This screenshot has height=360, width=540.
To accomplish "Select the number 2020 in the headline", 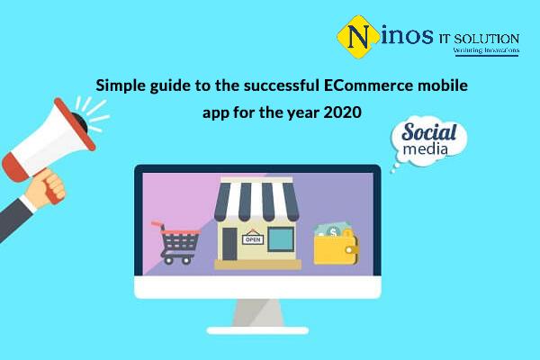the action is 342,112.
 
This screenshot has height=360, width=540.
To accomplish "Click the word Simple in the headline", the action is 121,85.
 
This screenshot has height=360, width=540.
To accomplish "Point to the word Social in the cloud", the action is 428,132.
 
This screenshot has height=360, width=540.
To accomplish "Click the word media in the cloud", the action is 426,148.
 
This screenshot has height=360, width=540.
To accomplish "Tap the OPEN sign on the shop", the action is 253,238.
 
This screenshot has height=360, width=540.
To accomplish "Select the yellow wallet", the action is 336,248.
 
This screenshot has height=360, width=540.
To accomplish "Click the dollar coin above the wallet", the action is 333,232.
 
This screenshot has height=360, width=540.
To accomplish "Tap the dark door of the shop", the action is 229,244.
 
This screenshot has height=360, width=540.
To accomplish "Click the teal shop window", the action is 281,239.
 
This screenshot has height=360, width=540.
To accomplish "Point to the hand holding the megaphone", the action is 46,188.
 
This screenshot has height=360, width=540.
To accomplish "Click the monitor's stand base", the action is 257,330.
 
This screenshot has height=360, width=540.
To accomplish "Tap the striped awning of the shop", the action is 256,202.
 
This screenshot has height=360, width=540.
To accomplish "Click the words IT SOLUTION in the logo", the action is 479,39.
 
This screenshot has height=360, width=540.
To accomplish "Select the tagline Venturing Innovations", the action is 486,50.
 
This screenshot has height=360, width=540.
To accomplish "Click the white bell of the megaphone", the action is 49,143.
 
